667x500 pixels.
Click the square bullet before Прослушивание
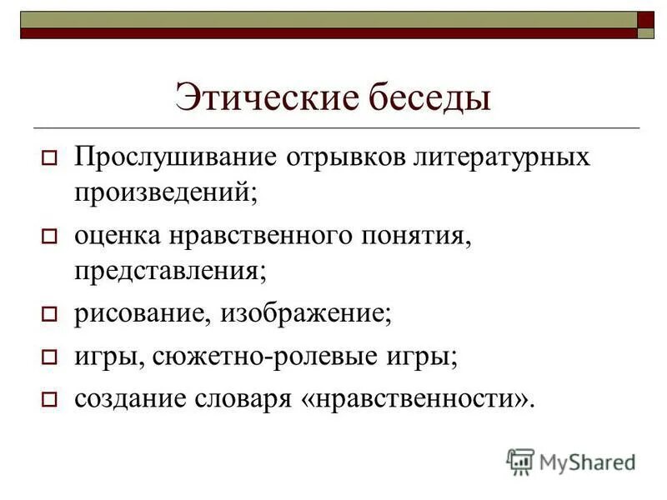click(48, 158)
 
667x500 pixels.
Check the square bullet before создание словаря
click(48, 399)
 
